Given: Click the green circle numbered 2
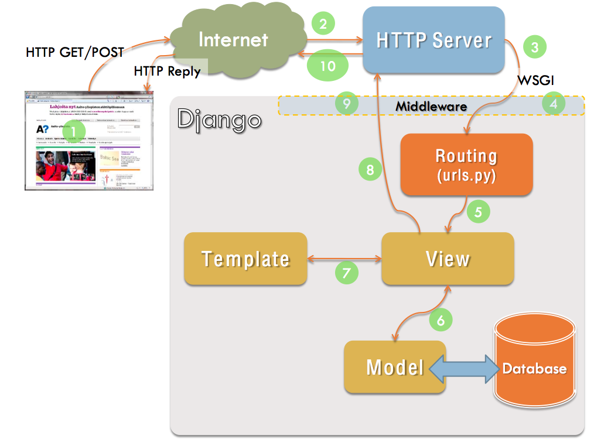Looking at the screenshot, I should [323, 24].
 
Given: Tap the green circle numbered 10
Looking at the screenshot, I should [327, 66].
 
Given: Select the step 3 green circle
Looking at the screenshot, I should [534, 47].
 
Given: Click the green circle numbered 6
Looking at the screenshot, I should [441, 320].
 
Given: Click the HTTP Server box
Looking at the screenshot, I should [433, 40].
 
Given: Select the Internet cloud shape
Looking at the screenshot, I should [234, 41].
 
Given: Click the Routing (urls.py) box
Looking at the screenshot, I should [466, 165].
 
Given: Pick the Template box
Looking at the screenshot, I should [245, 259].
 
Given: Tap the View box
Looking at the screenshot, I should [448, 259].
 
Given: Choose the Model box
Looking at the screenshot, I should [394, 367].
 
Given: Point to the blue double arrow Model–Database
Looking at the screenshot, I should [466, 368].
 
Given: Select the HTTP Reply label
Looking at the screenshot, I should [167, 71].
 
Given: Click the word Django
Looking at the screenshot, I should [219, 120].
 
